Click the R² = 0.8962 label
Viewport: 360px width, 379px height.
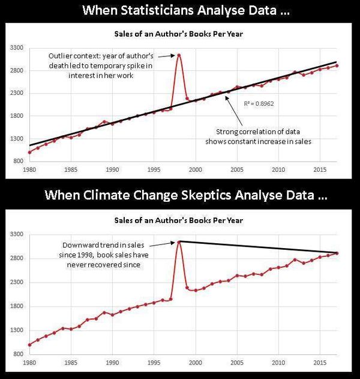click(255, 104)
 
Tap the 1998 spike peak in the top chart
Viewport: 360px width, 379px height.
click(179, 55)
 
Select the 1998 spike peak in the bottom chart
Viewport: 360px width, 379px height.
click(179, 242)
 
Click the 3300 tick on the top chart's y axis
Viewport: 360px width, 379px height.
click(16, 47)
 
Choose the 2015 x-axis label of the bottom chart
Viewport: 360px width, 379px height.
click(320, 363)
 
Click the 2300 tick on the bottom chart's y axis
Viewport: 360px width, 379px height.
click(16, 282)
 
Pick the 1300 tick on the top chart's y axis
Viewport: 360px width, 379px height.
click(16, 139)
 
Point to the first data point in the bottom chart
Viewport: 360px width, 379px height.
click(30, 345)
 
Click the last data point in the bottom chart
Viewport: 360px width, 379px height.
click(337, 253)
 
